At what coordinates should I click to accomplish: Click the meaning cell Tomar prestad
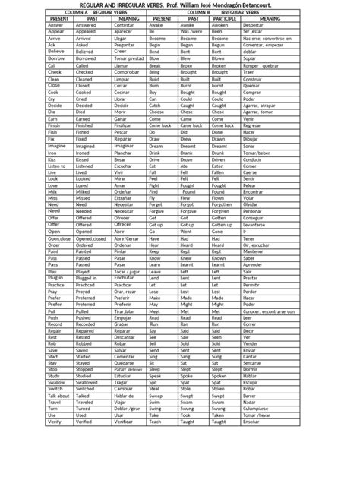pyautogui.click(x=128, y=58)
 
